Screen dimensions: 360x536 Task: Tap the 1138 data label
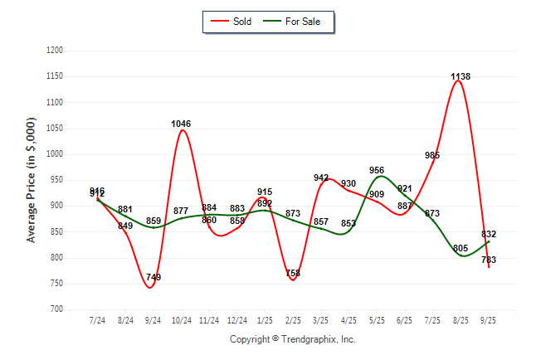click(460, 77)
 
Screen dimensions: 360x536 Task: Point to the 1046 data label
click(181, 124)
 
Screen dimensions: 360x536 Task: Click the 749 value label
click(153, 277)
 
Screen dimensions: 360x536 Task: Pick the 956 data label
click(377, 171)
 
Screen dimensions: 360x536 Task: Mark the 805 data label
click(460, 248)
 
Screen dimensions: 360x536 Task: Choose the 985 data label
click(432, 156)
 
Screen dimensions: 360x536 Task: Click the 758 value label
click(293, 273)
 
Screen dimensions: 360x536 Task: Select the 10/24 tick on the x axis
click(181, 320)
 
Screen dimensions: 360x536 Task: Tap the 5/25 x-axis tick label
click(377, 320)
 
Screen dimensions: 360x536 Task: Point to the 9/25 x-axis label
click(488, 320)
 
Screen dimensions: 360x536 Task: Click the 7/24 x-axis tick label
click(97, 320)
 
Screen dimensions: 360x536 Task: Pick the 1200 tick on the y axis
click(55, 51)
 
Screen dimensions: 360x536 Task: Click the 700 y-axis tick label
click(57, 309)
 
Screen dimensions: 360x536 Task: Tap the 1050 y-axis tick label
click(55, 129)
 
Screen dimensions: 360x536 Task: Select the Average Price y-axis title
click(32, 180)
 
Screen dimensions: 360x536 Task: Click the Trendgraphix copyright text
click(292, 339)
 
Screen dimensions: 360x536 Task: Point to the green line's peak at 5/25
click(379, 176)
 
